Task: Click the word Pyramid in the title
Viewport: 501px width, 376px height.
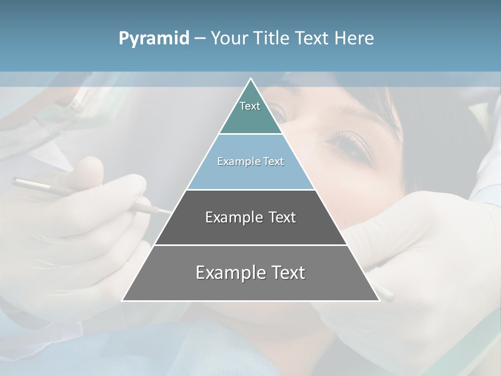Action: [154, 39]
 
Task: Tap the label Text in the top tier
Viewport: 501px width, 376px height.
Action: [250, 106]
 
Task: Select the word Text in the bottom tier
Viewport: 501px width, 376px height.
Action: [287, 273]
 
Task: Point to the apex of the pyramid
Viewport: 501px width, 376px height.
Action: [250, 79]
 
